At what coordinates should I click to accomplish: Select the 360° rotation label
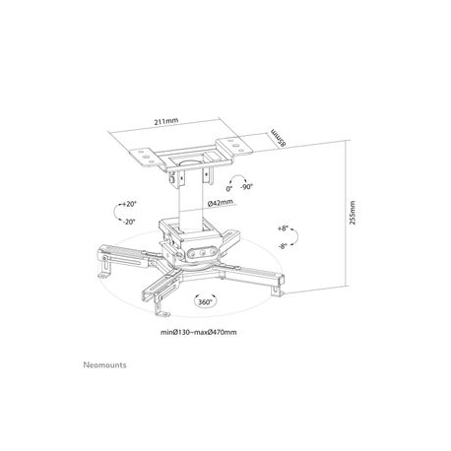pyautogui.click(x=204, y=304)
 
